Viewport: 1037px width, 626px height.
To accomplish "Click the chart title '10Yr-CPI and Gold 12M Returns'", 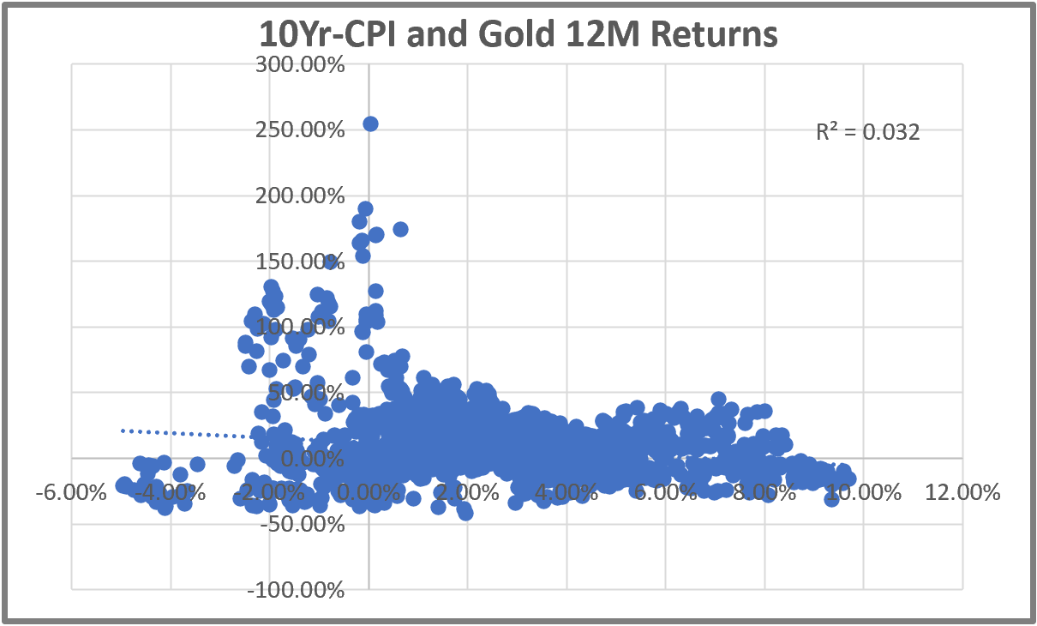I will coord(518,35).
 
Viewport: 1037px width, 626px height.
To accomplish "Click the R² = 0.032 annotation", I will coord(868,132).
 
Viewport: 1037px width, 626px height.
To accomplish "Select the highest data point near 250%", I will coord(370,123).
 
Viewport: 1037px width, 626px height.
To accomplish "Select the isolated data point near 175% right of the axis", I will coord(400,229).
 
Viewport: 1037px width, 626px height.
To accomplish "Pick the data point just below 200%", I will coord(365,208).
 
